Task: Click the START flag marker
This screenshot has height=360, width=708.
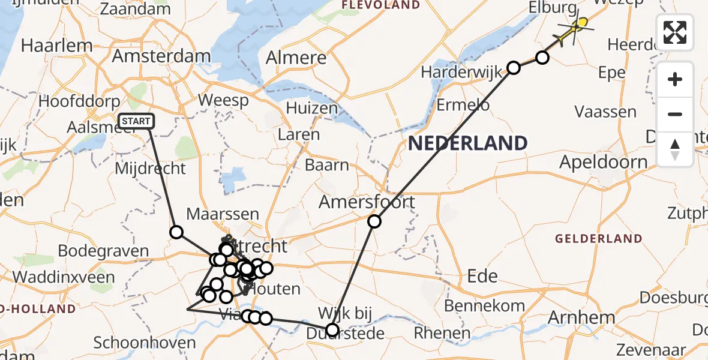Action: tap(136, 122)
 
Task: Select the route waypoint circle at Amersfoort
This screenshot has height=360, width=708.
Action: tap(374, 221)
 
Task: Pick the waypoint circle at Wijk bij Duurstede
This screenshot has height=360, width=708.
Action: tap(332, 329)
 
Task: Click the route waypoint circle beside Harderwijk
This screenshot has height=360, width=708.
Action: tap(514, 68)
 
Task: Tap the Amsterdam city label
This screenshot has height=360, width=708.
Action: tap(162, 58)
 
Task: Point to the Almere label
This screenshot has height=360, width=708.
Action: tap(296, 58)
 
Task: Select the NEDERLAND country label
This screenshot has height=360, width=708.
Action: tap(468, 143)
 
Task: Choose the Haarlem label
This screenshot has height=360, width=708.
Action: tap(56, 46)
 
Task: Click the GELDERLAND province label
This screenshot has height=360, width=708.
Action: tap(598, 239)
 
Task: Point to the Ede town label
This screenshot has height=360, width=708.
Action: tap(482, 276)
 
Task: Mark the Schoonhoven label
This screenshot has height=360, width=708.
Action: tap(145, 344)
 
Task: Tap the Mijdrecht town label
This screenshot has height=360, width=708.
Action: tap(151, 168)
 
